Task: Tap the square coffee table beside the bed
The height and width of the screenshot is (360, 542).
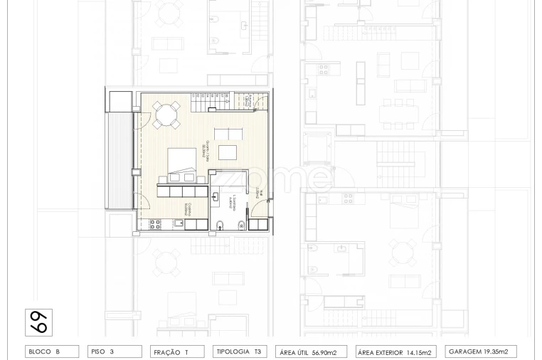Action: [228, 152]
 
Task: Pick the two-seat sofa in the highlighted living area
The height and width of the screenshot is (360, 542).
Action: [228, 133]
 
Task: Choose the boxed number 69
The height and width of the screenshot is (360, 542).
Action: [38, 322]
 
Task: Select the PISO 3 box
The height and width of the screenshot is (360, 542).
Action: [115, 351]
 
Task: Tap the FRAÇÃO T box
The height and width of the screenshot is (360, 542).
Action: [176, 351]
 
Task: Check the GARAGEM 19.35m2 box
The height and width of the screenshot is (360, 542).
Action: [481, 351]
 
